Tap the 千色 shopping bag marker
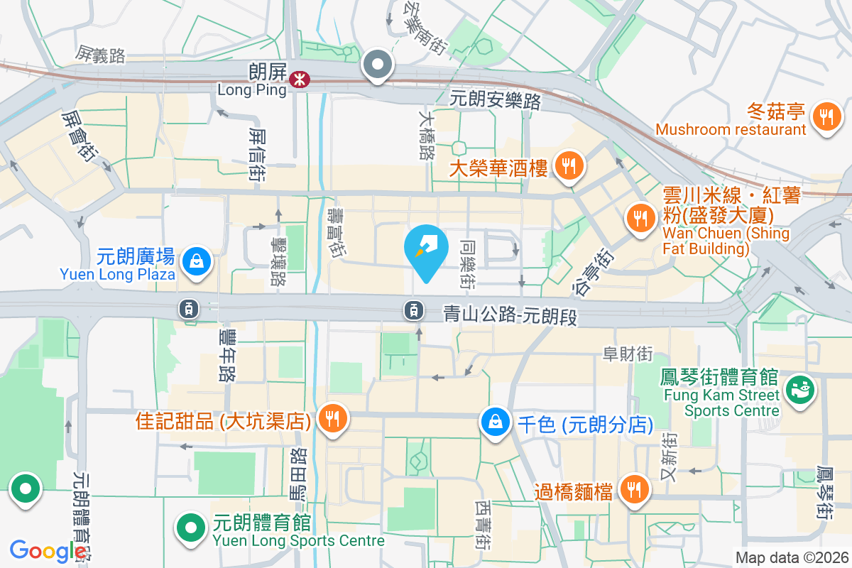495,421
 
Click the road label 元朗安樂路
496,100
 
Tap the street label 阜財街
627,354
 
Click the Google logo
48,551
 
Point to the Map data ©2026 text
790,558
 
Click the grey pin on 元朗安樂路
378,65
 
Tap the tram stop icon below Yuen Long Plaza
189,308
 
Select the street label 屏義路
100,55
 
